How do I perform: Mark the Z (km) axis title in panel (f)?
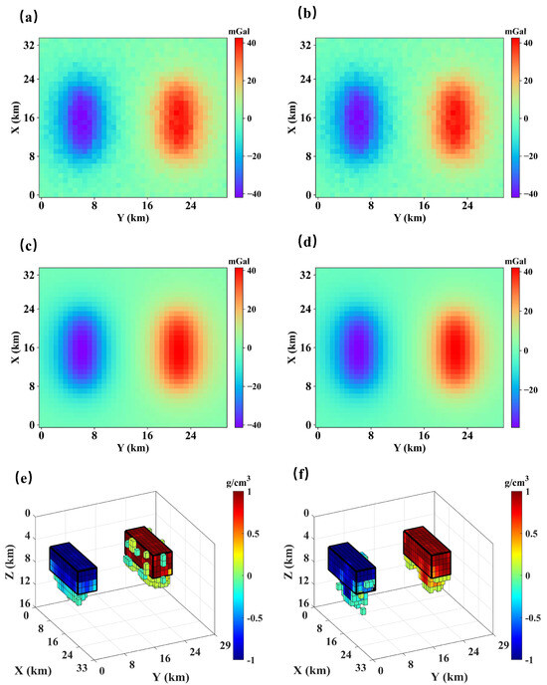[288, 568]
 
